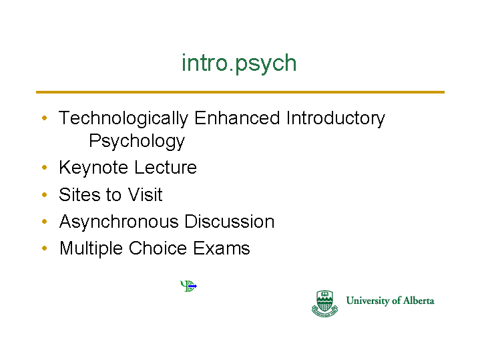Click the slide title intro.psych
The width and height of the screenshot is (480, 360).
(x=239, y=63)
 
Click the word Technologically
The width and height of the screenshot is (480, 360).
(x=124, y=119)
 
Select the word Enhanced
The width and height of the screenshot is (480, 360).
(x=237, y=118)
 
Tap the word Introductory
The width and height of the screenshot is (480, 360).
(x=336, y=119)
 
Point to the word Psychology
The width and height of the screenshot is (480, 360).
(x=137, y=142)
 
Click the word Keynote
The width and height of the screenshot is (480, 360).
(x=93, y=168)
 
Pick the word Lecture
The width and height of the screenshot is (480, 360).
(x=166, y=167)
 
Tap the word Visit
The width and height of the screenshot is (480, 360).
(x=145, y=194)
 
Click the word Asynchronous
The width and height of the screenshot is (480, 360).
(x=119, y=222)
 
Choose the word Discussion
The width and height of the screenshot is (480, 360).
(x=230, y=221)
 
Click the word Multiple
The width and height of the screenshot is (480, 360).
(x=91, y=248)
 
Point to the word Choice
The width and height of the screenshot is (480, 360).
(x=158, y=248)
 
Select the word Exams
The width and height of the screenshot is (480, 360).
(x=222, y=248)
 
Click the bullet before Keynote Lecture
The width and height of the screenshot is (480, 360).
(x=45, y=167)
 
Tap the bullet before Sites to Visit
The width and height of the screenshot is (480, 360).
(x=45, y=194)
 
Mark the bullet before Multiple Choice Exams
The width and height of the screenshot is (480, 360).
(x=45, y=248)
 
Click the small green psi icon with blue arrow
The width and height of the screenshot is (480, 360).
(x=188, y=286)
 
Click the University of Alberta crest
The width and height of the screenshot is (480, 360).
(x=325, y=304)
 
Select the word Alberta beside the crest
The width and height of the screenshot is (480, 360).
(x=419, y=301)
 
